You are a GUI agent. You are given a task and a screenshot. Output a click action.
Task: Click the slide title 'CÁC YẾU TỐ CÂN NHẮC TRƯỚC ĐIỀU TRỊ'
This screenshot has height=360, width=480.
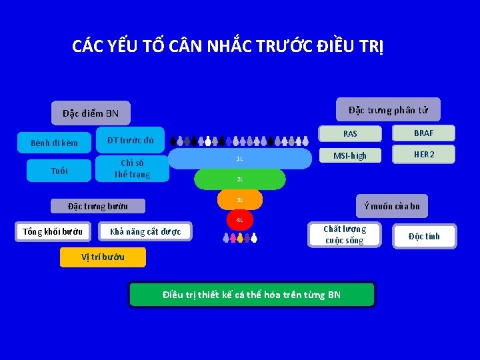[227, 47]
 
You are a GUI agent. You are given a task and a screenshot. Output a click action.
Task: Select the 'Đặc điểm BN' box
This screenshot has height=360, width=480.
[91, 113]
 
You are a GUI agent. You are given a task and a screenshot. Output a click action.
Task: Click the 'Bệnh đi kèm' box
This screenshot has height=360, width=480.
[55, 143]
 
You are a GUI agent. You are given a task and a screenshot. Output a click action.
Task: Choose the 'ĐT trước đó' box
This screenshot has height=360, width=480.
[131, 140]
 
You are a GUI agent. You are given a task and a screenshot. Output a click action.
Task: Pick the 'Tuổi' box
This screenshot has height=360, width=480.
[59, 171]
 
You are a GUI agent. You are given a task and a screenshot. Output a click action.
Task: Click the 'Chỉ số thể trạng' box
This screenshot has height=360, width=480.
[132, 169]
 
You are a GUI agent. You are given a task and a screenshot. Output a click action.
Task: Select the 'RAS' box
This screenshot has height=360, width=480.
[350, 133]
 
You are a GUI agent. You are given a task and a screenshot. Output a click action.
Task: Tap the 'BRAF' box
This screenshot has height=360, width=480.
[423, 133]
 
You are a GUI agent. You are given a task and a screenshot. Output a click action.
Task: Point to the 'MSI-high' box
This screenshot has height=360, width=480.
[350, 155]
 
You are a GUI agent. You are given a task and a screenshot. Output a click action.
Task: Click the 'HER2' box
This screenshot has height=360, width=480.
[423, 154]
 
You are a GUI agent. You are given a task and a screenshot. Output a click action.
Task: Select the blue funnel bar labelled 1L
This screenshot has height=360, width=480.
[240, 159]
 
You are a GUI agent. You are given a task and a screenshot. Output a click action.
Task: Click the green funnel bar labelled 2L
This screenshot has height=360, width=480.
[240, 179]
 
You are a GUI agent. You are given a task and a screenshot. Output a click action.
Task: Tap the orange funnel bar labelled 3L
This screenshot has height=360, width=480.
[240, 200]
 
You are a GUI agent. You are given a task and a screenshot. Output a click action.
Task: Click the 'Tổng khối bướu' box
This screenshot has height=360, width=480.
[53, 232]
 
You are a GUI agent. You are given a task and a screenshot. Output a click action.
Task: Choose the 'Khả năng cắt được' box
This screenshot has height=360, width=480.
[145, 232]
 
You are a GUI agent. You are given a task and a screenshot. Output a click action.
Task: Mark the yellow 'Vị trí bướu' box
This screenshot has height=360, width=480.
[103, 257]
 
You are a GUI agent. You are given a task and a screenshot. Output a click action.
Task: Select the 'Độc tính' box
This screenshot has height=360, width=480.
[424, 236]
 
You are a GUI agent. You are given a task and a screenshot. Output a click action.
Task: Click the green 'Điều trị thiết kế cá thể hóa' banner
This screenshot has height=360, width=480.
[252, 294]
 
